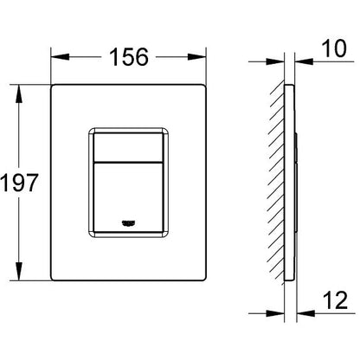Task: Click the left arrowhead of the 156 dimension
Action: (x=55, y=56)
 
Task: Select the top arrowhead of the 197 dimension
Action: (x=19, y=88)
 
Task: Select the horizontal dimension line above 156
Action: (x=87, y=56)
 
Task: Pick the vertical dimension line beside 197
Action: (x=19, y=130)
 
